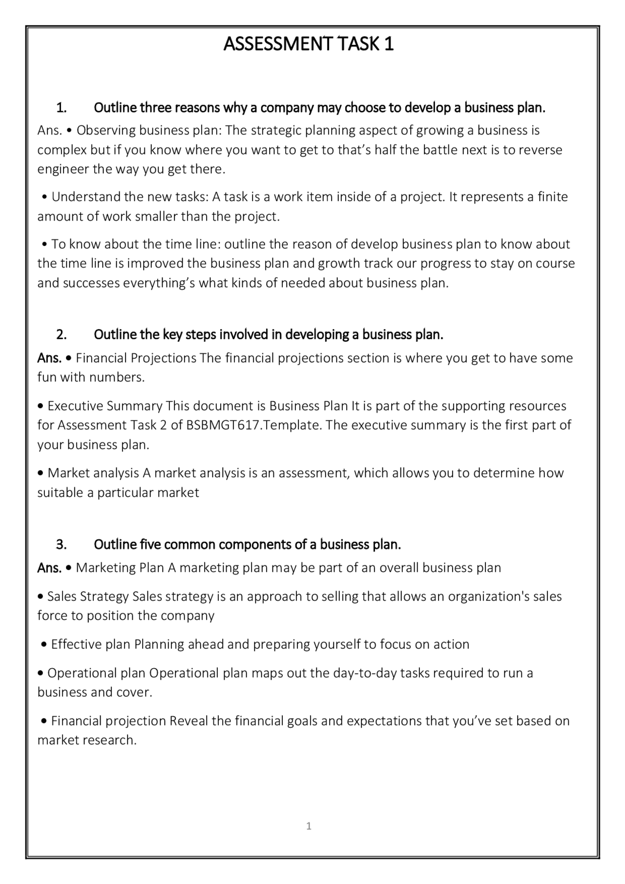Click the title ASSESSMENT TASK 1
tap(308, 44)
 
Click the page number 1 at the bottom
tap(309, 826)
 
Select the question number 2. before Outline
tap(62, 335)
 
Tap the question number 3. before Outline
tap(62, 544)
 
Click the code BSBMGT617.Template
tap(254, 425)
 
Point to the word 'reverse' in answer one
tap(540, 150)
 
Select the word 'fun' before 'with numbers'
tap(47, 377)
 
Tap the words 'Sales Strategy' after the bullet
tap(88, 596)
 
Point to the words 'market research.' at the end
tap(87, 740)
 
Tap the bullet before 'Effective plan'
tap(44, 645)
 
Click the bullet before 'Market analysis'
tap(41, 473)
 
